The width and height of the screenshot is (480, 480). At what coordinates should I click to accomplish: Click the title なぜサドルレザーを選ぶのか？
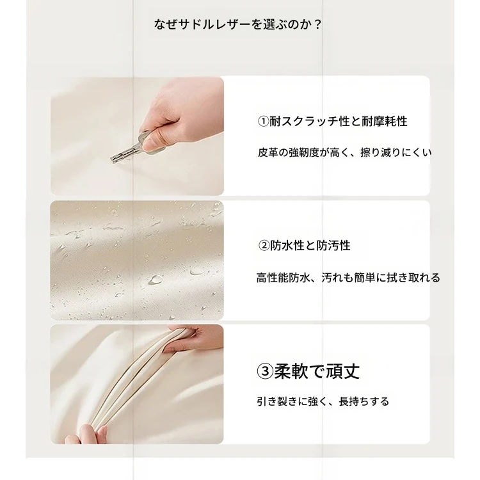coord(237,24)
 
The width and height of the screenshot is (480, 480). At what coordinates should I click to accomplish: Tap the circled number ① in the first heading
coord(263,122)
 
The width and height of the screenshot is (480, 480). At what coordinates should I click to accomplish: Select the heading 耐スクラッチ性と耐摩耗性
coord(339,122)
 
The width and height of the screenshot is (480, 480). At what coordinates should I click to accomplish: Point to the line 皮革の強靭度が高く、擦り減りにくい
coord(345,152)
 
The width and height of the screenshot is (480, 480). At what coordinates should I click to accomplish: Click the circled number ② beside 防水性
coord(264,246)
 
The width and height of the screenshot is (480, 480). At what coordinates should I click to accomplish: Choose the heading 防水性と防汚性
coord(310,246)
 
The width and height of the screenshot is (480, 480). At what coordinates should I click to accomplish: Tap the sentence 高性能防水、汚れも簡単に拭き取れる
coord(348,278)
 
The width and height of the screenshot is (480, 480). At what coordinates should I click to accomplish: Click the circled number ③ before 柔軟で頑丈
coord(265,371)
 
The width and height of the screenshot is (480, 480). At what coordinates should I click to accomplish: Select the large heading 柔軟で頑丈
coord(317,371)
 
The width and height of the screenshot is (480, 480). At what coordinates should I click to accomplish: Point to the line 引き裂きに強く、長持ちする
coord(323,401)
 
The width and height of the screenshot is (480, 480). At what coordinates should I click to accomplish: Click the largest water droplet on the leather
coord(156,279)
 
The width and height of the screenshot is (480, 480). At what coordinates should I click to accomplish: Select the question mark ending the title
coord(317,24)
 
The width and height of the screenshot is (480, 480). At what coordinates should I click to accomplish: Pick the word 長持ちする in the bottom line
coord(364,401)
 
